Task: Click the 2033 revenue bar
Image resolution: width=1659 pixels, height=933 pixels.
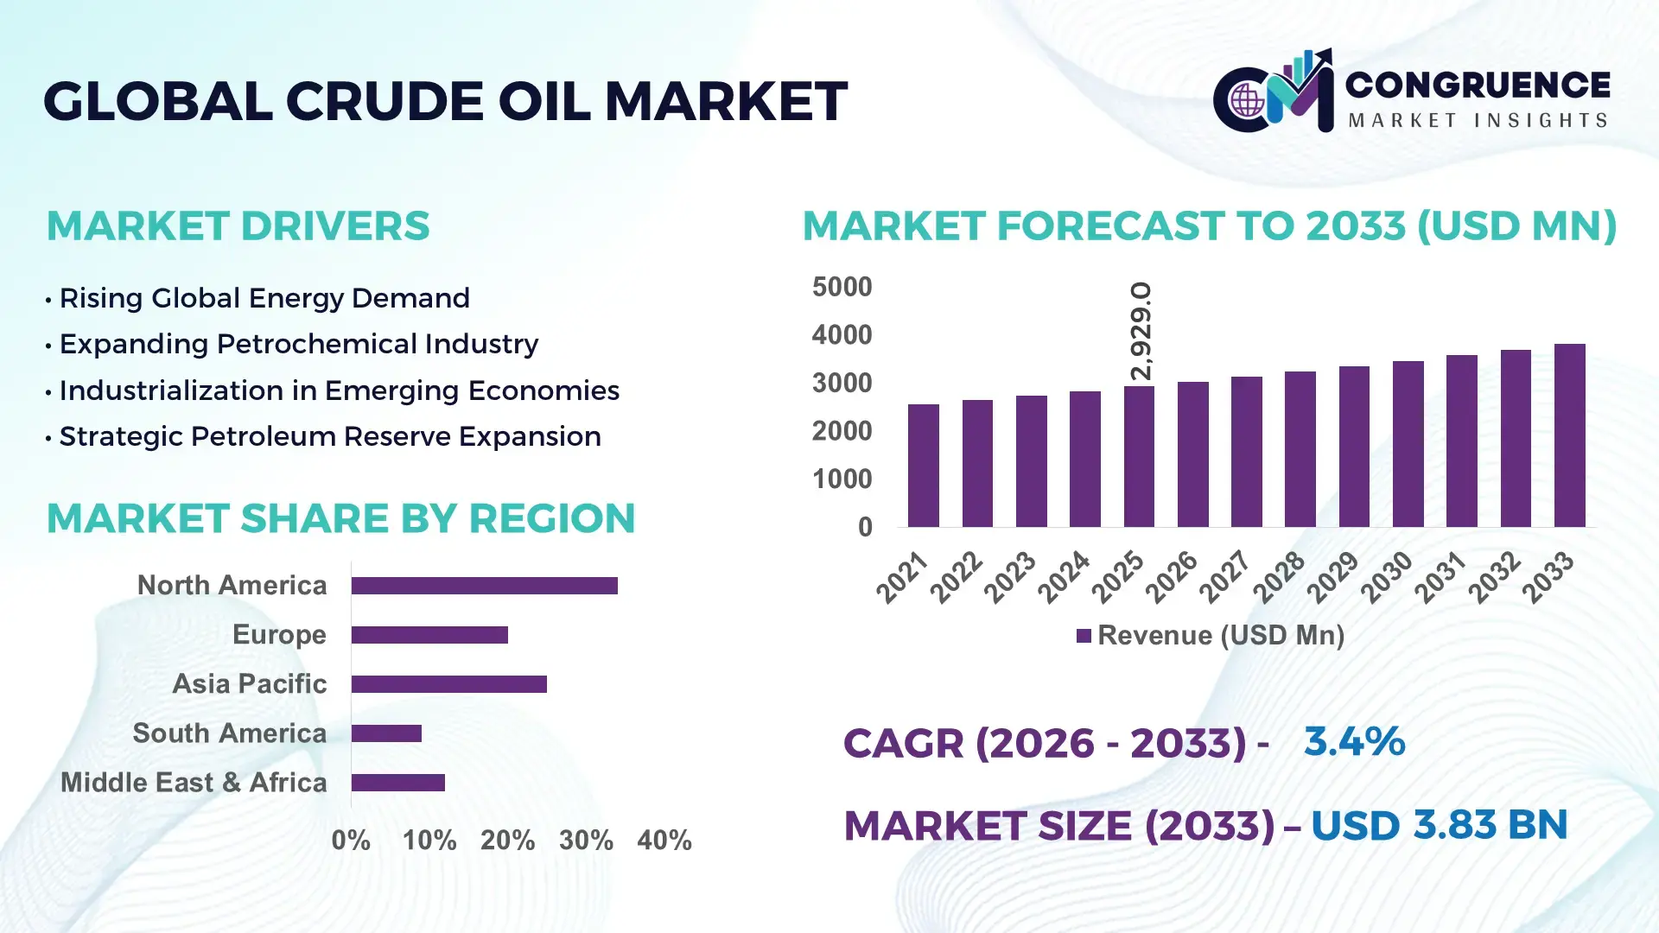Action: click(1569, 436)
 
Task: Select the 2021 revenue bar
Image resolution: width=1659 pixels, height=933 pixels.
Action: click(923, 466)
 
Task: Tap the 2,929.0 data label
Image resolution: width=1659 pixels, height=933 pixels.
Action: click(1141, 331)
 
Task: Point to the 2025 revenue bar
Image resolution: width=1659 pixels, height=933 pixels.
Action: click(1139, 457)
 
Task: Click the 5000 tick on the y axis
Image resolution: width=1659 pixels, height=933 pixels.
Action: click(842, 287)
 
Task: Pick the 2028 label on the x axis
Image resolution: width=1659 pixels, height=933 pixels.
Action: click(1279, 577)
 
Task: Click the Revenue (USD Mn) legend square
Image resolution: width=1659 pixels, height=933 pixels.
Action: click(1084, 637)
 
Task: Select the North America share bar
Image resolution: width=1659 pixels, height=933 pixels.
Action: click(484, 586)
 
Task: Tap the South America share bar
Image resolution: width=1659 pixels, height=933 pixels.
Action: click(386, 733)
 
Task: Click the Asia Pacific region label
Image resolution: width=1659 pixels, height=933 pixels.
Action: click(250, 683)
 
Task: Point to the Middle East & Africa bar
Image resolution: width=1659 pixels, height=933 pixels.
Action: click(397, 783)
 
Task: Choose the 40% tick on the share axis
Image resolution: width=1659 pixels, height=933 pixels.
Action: click(664, 840)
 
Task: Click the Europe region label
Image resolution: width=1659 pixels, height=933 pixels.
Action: click(279, 634)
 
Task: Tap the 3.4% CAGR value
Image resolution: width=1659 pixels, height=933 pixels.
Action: click(1354, 741)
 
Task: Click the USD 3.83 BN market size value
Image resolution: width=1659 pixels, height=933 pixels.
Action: click(1439, 825)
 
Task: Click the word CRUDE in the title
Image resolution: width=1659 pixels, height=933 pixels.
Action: click(385, 102)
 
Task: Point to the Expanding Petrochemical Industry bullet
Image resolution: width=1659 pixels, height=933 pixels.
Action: click(298, 344)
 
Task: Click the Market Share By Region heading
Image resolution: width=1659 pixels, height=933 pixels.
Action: click(340, 518)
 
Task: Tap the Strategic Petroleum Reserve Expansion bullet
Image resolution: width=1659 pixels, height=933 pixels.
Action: click(329, 436)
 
